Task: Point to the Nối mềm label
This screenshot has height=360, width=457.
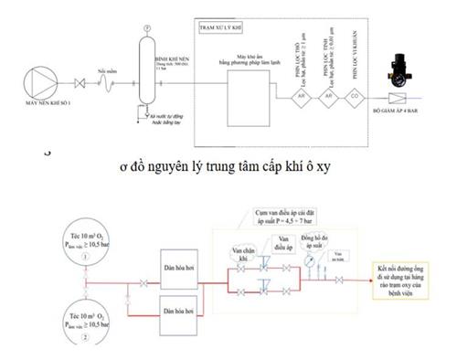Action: tap(106, 69)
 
